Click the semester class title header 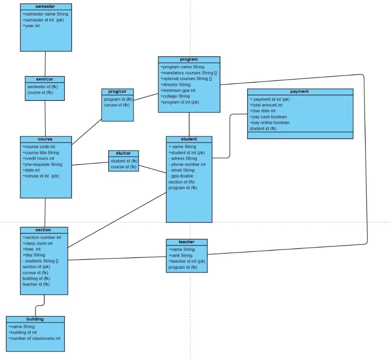pyautogui.click(x=45, y=6)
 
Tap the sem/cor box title pyautogui.click(x=45, y=79)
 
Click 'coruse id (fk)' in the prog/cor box pyautogui.click(x=116, y=105)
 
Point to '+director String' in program pyautogui.click(x=175, y=84)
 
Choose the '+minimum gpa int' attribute pyautogui.click(x=178, y=90)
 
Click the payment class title pyautogui.click(x=300, y=92)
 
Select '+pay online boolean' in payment pyautogui.click(x=269, y=123)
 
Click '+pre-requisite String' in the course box pyautogui.click(x=42, y=164)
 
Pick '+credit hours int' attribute pyautogui.click(x=38, y=158)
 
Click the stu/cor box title pyautogui.click(x=123, y=153)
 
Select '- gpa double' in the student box pyautogui.click(x=181, y=176)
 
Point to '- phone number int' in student pyautogui.click(x=187, y=164)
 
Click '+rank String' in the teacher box pyautogui.click(x=180, y=255)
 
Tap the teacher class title pyautogui.click(x=186, y=242)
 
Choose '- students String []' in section pyautogui.click(x=40, y=261)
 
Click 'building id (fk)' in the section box pyautogui.click(x=36, y=278)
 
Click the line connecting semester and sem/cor pyautogui.click(x=45, y=64)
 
